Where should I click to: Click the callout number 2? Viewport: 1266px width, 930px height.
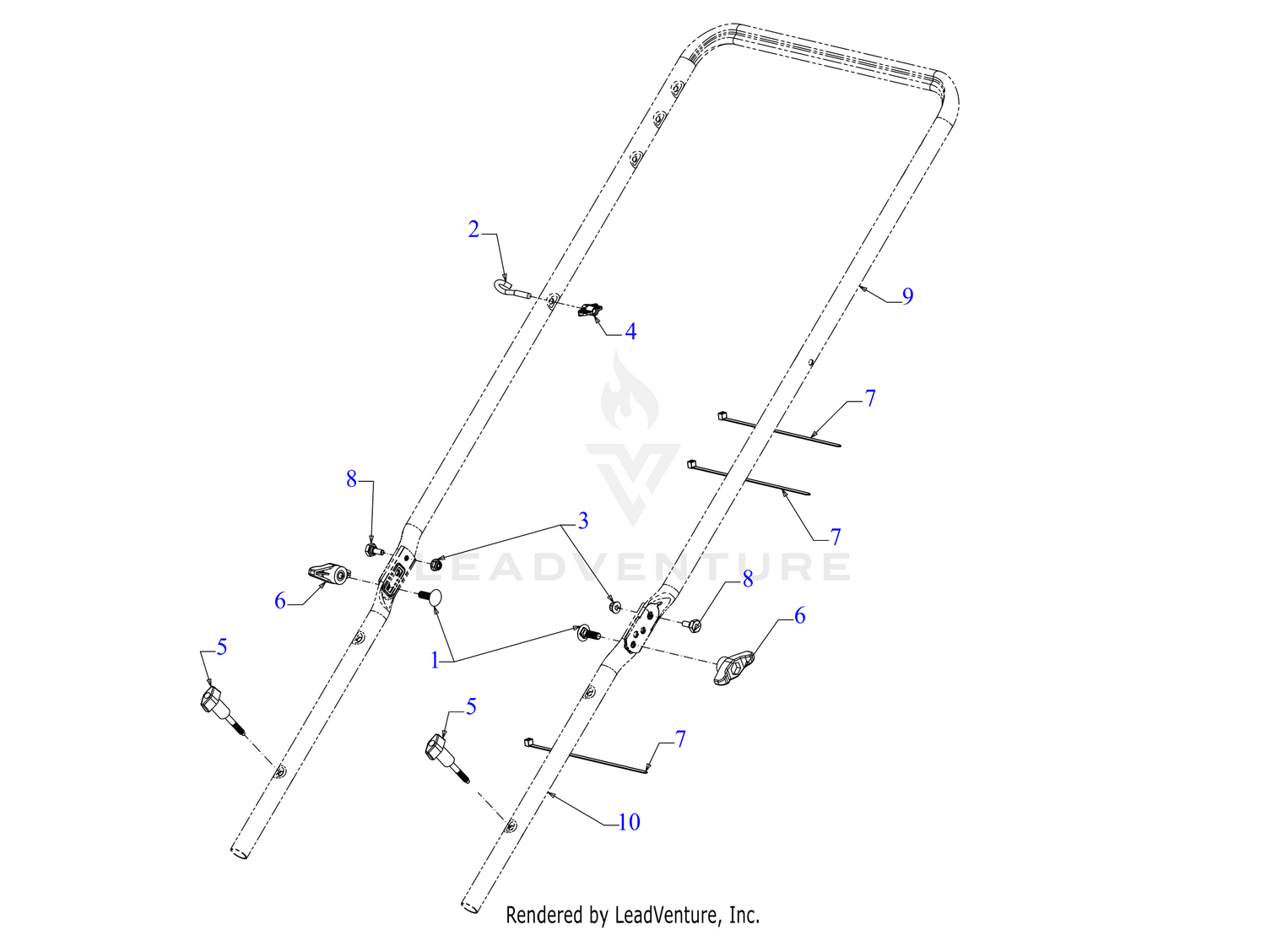pos(473,230)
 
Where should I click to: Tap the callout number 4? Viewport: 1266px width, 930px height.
pos(630,332)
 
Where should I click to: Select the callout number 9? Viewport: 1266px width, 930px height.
pos(907,296)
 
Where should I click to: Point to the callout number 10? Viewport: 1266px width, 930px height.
pos(629,823)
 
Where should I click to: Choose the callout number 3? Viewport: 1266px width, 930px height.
pos(582,521)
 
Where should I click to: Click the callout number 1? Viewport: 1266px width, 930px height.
pos(435,661)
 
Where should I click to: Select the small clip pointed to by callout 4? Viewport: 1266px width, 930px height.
pos(589,309)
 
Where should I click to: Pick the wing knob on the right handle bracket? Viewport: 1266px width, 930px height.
pos(736,668)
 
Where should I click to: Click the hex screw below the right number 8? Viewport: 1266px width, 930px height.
pos(692,624)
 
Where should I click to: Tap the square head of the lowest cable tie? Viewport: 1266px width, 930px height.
pos(529,742)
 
